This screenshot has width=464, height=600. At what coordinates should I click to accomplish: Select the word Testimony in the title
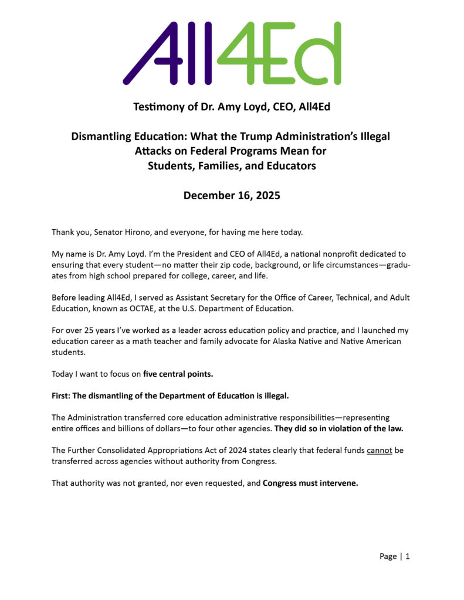[158, 107]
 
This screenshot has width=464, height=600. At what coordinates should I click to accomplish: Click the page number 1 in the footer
[408, 556]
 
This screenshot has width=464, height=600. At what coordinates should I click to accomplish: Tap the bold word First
[61, 396]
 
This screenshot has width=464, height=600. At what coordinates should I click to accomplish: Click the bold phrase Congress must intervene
[310, 484]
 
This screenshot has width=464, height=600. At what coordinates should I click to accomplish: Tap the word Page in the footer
[388, 556]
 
